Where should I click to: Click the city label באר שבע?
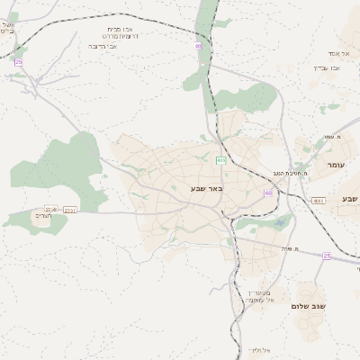pyautogui.click(x=206, y=188)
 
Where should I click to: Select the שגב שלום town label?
pyautogui.click(x=309, y=306)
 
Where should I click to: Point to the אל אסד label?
pyautogui.click(x=326, y=53)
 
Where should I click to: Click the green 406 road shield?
pyautogui.click(x=221, y=160)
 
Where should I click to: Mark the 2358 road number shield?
pyautogui.click(x=50, y=209)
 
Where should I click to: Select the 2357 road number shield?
pyautogui.click(x=70, y=211)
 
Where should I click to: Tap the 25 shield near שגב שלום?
pyautogui.click(x=327, y=256)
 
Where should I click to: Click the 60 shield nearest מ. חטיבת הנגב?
pyautogui.click(x=268, y=193)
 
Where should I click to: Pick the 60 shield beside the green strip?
pyautogui.click(x=198, y=44)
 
